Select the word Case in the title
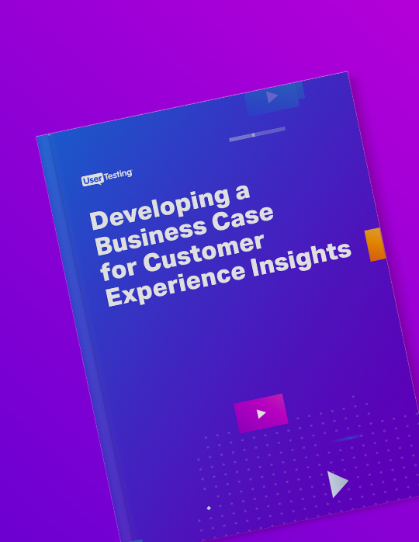(x=243, y=217)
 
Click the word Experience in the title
(x=176, y=284)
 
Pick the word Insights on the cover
(x=301, y=259)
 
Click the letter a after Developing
(x=243, y=193)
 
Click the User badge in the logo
(x=92, y=179)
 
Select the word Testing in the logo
(x=118, y=175)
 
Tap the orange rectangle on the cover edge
(x=375, y=245)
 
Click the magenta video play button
(x=261, y=413)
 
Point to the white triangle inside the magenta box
(x=261, y=414)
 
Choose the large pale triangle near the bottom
(x=337, y=484)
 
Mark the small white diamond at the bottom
(x=209, y=508)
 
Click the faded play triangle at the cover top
(x=272, y=97)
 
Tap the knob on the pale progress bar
(x=254, y=134)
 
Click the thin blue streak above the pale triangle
(x=345, y=439)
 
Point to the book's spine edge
(x=85, y=337)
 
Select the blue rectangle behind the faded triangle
(x=273, y=99)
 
